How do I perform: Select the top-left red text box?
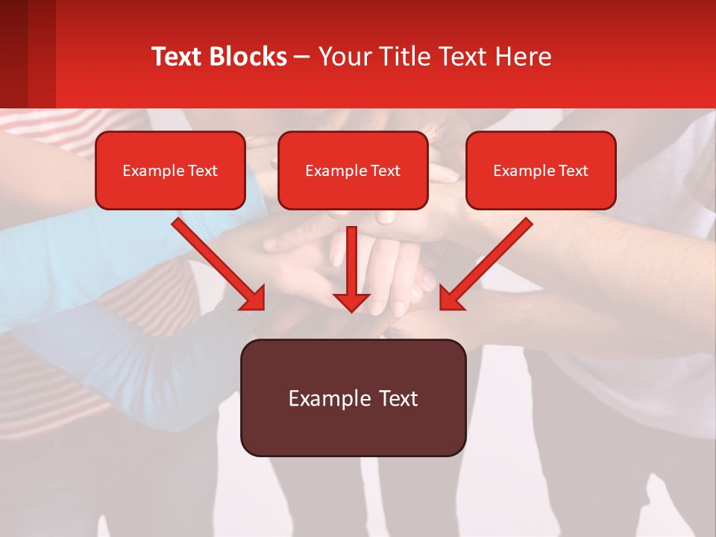pyautogui.click(x=170, y=171)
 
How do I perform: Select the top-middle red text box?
pyautogui.click(x=353, y=171)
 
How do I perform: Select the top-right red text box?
pyautogui.click(x=541, y=171)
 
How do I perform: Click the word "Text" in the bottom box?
pyautogui.click(x=398, y=398)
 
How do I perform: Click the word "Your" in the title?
pyautogui.click(x=342, y=57)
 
